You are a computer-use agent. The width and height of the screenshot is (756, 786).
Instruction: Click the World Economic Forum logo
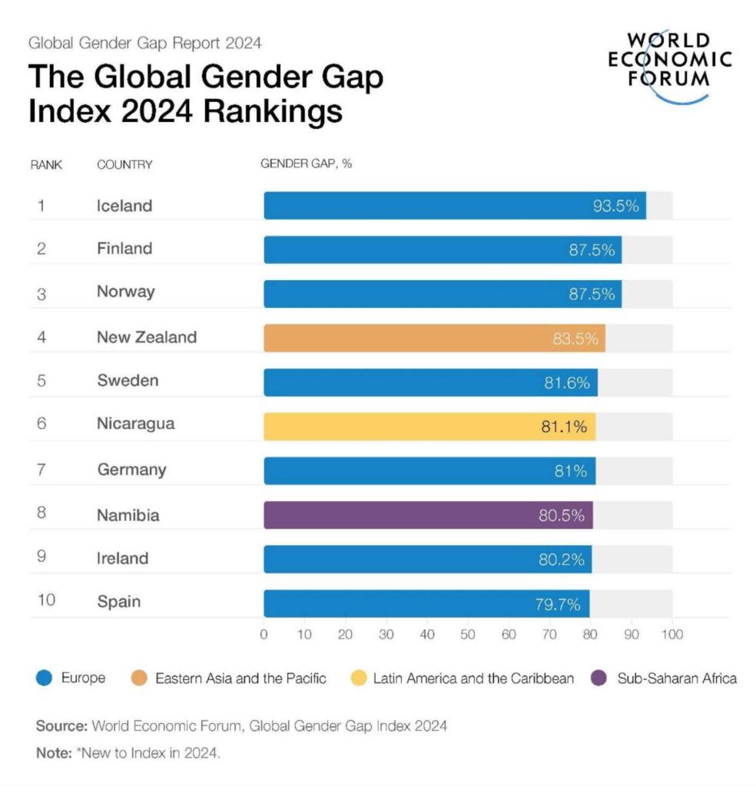pos(669,65)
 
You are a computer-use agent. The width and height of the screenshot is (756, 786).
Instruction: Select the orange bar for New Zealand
pos(433,338)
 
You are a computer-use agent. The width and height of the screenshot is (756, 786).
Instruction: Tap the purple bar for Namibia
pos(427,515)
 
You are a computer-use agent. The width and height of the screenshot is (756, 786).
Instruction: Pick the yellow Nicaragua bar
pos(429,426)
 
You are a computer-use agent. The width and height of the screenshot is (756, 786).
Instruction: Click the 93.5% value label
pos(615,206)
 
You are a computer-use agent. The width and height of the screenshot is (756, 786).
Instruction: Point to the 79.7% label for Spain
pos(557,604)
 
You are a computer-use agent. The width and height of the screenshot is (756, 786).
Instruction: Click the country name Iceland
pos(124,206)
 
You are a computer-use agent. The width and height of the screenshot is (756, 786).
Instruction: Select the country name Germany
pos(131,470)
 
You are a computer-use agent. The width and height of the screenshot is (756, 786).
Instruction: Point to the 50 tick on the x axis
pos(468,635)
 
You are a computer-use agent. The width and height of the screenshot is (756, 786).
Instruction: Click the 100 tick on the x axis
pos(671,635)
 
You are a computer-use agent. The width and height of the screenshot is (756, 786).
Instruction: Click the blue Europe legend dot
pos(45,678)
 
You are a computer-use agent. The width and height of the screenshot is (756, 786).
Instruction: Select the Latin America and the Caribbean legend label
pos(473,678)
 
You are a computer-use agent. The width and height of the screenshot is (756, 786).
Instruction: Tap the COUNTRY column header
pos(124,164)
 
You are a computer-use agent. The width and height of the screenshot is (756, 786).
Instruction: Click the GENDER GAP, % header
pos(306,164)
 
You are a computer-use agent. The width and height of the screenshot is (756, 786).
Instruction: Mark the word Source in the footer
pos(61,725)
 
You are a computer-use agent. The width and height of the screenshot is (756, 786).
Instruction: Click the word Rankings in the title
pos(273,111)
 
